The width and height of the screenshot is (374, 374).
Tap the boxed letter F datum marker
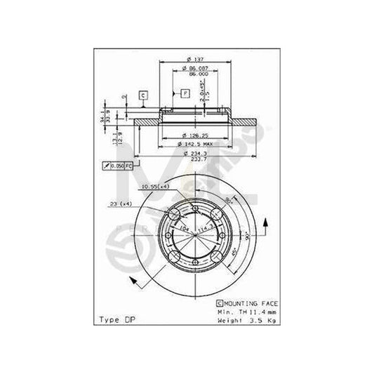(185, 92)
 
